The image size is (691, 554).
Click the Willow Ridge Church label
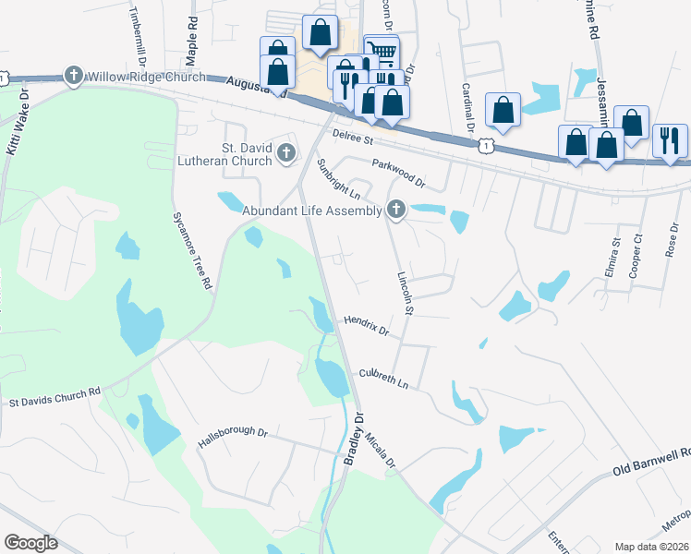[x=135, y=76]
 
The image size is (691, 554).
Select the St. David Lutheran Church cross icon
[x=286, y=152]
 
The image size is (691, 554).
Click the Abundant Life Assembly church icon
[x=396, y=211]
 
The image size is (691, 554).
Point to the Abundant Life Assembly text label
[x=312, y=211]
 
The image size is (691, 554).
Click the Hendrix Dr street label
[x=367, y=324]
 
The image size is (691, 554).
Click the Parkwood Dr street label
[x=398, y=171]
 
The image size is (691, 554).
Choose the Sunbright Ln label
[x=338, y=180]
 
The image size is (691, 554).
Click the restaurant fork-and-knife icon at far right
[x=670, y=140]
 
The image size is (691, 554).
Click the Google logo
[x=30, y=543]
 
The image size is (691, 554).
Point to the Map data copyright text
[x=652, y=547]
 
